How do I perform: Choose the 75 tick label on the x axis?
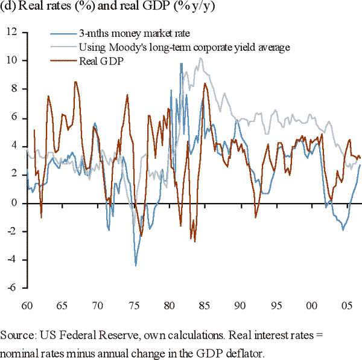[135, 306]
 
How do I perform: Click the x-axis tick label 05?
[347, 306]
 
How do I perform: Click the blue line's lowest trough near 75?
[136, 265]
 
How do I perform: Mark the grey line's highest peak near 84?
[200, 58]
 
